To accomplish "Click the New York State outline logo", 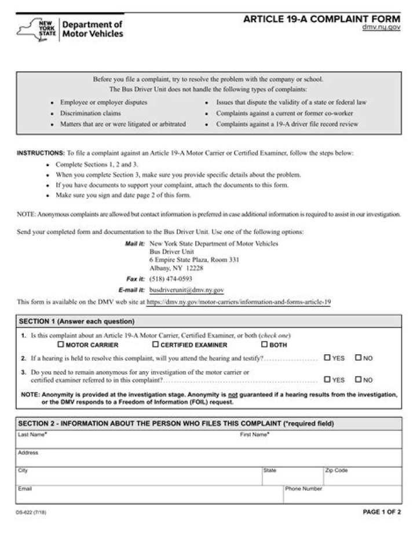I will (x=36, y=29).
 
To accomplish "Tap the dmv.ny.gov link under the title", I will (x=381, y=27).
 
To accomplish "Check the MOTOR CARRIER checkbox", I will (x=60, y=344).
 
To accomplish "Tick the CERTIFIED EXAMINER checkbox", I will (x=155, y=344).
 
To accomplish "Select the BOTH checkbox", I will (x=264, y=344).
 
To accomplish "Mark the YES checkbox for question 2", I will (x=327, y=358).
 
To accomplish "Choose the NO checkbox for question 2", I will (x=358, y=358).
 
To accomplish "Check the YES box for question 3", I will (x=327, y=380).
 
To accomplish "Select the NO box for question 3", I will (x=358, y=380).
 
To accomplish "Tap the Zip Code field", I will (x=362, y=478).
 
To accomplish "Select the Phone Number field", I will (x=342, y=496).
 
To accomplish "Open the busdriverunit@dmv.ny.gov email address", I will (x=186, y=290).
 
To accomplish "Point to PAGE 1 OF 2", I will (x=382, y=512).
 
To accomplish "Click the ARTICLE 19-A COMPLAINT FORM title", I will (x=321, y=19).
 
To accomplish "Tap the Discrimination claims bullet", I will (x=90, y=113).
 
